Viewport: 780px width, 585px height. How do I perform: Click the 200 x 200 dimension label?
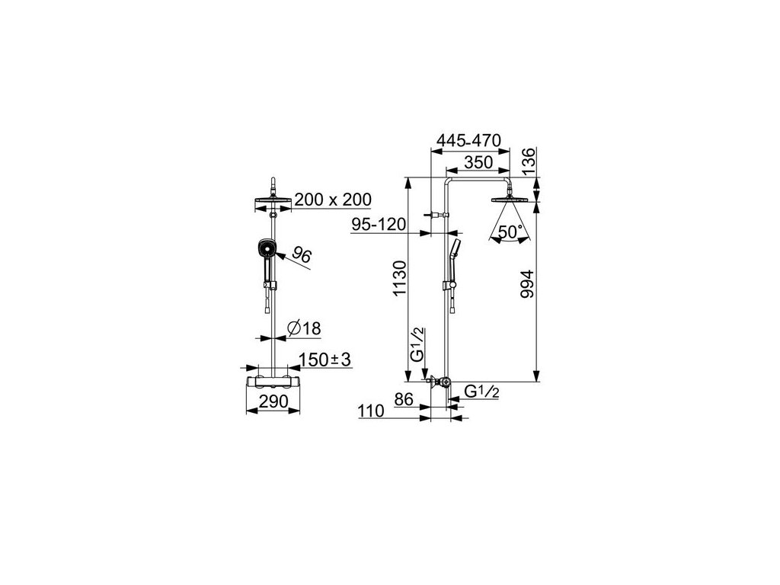tap(333, 200)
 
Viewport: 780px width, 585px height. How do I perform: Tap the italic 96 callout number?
tap(302, 257)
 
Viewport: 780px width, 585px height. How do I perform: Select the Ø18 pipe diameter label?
tap(304, 328)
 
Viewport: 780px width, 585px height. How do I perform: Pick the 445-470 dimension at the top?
tap(470, 141)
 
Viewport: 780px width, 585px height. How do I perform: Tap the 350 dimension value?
tap(478, 162)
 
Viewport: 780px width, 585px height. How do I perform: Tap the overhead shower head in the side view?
tap(511, 199)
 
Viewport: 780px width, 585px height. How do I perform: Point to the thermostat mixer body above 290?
tap(273, 381)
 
